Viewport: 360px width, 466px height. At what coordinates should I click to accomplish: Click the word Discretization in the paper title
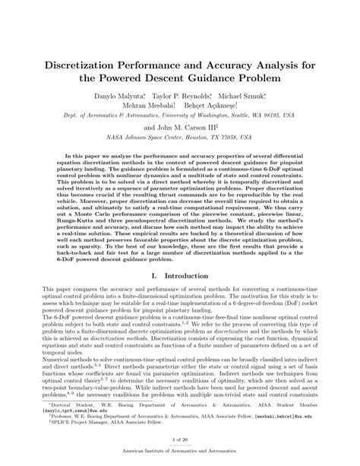93,62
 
